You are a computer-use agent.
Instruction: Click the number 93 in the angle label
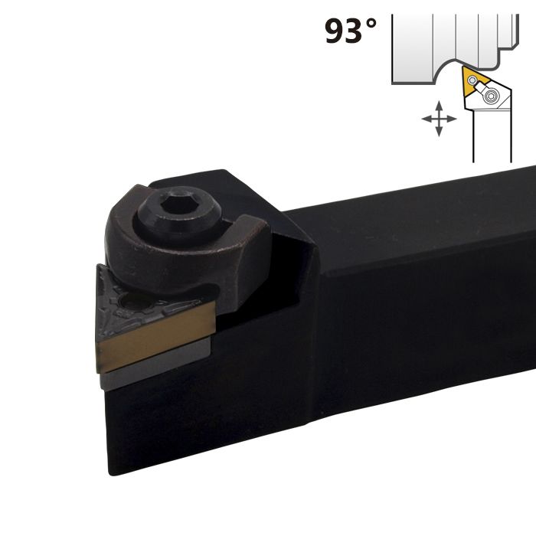(344, 31)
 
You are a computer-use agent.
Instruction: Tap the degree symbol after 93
(371, 25)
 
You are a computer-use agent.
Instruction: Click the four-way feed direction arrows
(439, 119)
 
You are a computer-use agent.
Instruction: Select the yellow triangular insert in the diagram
(471, 83)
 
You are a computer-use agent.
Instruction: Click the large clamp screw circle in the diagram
(493, 95)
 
